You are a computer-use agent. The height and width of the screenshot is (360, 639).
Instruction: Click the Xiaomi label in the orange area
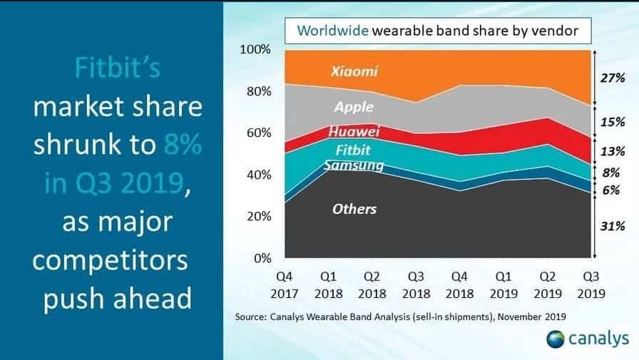click(354, 71)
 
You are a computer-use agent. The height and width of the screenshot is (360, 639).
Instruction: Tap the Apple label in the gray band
click(354, 107)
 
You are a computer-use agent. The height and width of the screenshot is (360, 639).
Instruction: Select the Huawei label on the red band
click(354, 131)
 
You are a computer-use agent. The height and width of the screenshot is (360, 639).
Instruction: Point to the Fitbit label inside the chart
click(353, 150)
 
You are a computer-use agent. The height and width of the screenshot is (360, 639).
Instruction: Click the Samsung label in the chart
click(354, 165)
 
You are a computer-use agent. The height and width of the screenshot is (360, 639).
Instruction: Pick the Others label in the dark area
click(354, 209)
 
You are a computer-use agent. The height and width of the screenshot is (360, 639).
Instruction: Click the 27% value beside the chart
click(612, 78)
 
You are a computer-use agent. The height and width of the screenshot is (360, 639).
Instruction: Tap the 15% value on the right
click(612, 122)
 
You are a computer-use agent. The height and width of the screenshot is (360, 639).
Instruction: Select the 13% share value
click(612, 152)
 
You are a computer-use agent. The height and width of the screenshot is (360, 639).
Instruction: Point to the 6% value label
click(611, 190)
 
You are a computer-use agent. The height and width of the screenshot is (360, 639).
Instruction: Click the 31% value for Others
click(612, 226)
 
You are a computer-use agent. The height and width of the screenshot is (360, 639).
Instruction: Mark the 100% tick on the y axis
click(255, 49)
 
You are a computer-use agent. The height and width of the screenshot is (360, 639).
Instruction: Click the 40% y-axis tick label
click(258, 175)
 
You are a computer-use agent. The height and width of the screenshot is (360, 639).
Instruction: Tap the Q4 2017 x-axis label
click(284, 285)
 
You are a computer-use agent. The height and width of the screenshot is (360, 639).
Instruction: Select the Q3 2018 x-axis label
click(416, 285)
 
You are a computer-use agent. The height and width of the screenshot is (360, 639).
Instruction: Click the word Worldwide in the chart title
click(332, 31)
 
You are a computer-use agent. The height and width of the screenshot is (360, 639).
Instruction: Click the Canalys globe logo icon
click(555, 339)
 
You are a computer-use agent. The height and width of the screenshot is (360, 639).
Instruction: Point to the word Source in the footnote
click(250, 317)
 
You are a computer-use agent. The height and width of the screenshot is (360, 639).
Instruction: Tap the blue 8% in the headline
click(182, 144)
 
